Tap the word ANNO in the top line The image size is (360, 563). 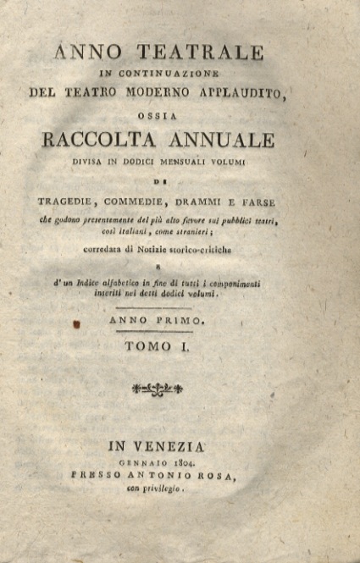coord(87,52)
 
